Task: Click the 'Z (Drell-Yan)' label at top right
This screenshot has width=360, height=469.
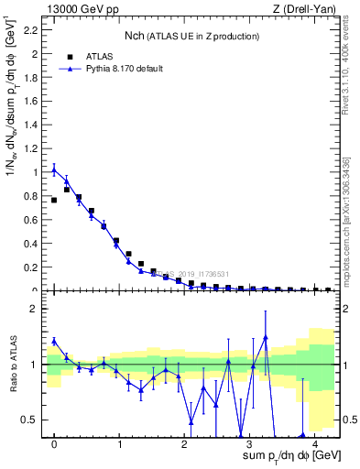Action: (x=304, y=9)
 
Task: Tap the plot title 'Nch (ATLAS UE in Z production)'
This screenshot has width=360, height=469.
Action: (x=191, y=36)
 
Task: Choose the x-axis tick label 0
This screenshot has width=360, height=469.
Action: (x=54, y=443)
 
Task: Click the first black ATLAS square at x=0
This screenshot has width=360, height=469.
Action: (x=54, y=200)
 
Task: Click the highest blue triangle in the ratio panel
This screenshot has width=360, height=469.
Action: (x=265, y=337)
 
